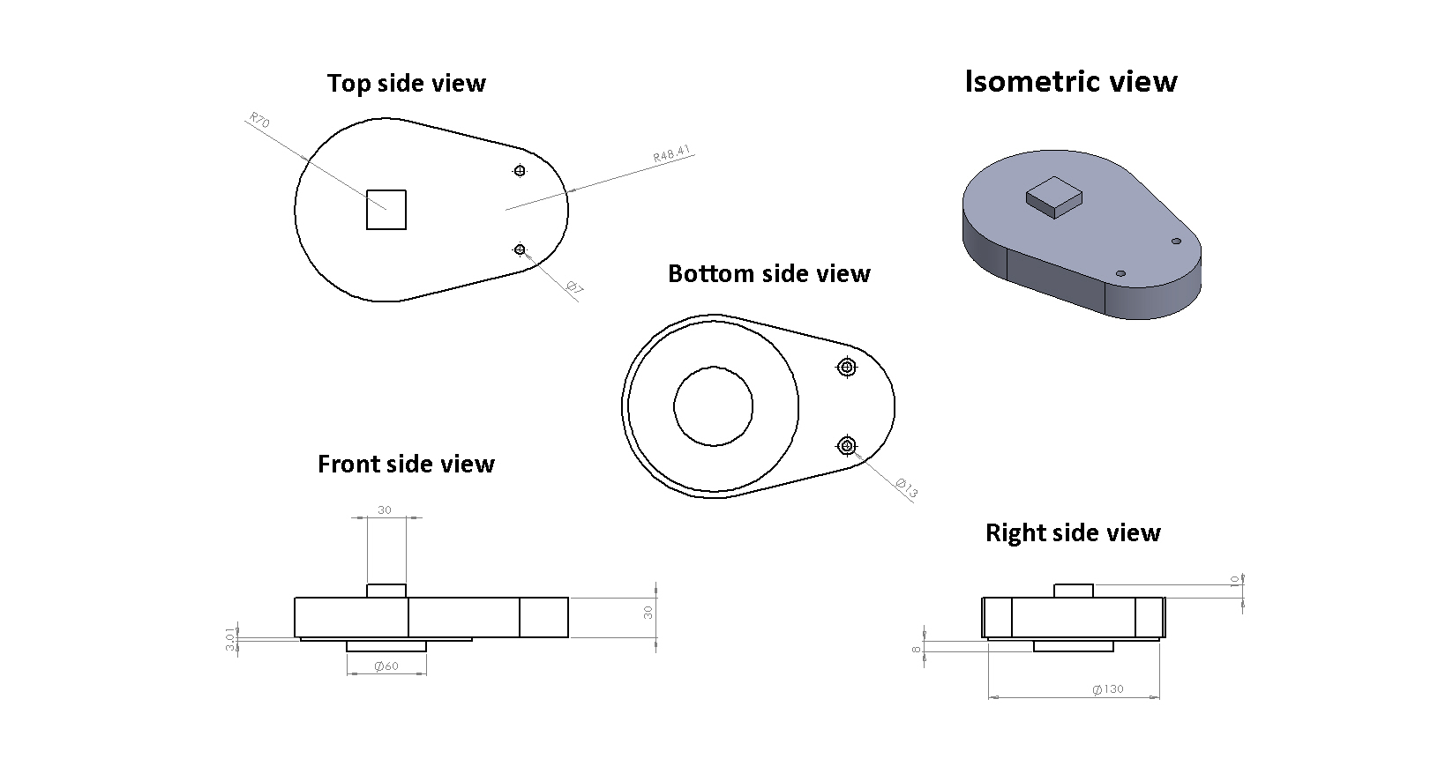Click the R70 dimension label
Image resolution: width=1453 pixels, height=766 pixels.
coord(259,120)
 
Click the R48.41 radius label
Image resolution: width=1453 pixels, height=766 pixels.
coord(672,153)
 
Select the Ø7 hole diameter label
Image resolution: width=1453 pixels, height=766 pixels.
coord(574,287)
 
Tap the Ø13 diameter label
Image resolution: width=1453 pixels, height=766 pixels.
coord(906,488)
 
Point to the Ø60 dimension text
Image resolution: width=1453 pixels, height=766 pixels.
coord(386,666)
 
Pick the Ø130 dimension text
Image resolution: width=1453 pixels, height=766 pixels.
coord(1108,689)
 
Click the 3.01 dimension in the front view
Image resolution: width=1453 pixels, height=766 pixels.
coord(230,639)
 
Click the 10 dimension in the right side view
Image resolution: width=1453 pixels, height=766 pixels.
coord(1235,580)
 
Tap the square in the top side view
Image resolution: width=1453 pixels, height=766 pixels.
coord(386,209)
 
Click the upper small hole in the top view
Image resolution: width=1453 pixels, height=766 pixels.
coord(520,170)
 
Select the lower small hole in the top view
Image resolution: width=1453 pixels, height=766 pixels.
coord(520,249)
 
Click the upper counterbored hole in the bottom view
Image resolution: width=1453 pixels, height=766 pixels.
coord(847,368)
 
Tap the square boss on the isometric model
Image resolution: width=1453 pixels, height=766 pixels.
coord(1054,197)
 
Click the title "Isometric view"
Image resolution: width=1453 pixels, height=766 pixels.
coord(1071,82)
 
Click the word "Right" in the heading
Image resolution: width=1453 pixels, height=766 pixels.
coord(1015,533)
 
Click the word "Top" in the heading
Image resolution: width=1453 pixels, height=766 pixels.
coord(348,84)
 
